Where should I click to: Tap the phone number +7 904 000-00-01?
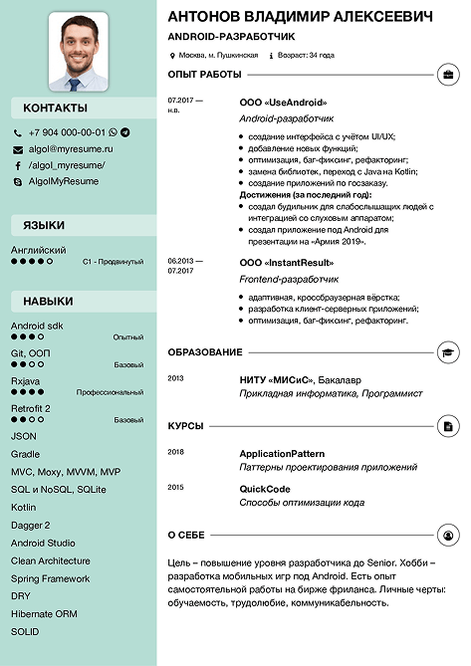[67, 132]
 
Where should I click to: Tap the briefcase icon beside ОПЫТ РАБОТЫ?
[448, 75]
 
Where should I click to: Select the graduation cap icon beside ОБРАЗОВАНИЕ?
[448, 352]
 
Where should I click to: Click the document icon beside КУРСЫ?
[448, 426]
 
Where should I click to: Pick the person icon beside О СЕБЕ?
[448, 536]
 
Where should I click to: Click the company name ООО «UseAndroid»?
[283, 103]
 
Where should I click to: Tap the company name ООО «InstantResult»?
[287, 262]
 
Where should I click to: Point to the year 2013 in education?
[176, 379]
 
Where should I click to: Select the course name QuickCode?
[265, 489]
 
